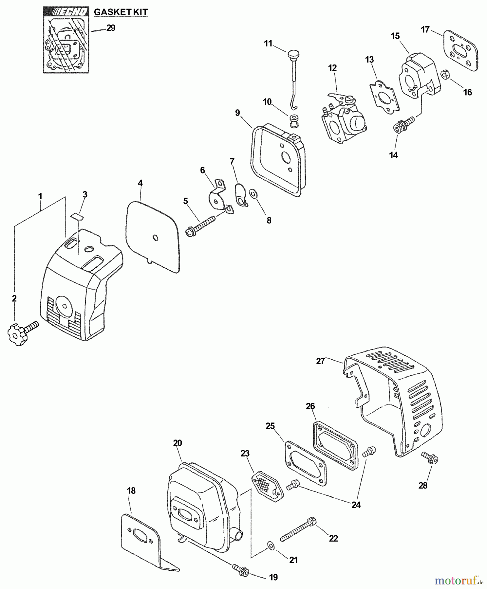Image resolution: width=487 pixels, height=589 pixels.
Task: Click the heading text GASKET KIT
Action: tap(121, 12)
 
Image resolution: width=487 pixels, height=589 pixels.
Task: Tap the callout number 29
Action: tap(111, 28)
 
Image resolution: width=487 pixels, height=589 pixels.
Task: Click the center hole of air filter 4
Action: tap(156, 238)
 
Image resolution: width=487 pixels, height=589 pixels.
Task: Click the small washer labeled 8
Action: tap(253, 194)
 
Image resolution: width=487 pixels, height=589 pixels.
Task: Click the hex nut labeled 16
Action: tap(446, 75)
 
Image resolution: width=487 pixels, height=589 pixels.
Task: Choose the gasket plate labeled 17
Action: tap(461, 51)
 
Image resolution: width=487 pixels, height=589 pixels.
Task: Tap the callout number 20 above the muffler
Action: tap(177, 443)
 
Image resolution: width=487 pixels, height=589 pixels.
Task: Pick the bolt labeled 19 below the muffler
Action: tap(241, 570)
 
